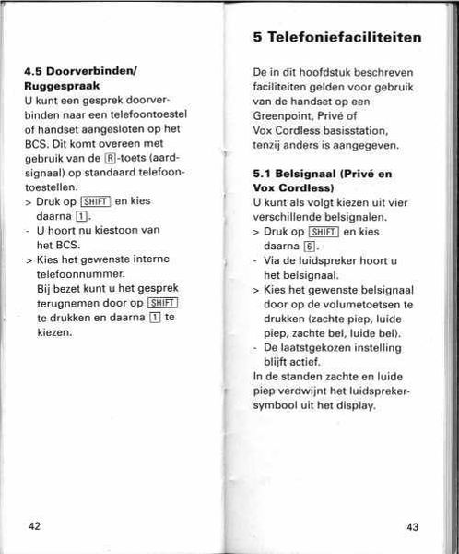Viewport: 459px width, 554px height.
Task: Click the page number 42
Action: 34,525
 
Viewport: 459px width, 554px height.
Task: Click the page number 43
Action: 412,526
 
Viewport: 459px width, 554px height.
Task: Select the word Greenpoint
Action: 285,116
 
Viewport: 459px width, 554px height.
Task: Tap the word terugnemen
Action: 65,303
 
